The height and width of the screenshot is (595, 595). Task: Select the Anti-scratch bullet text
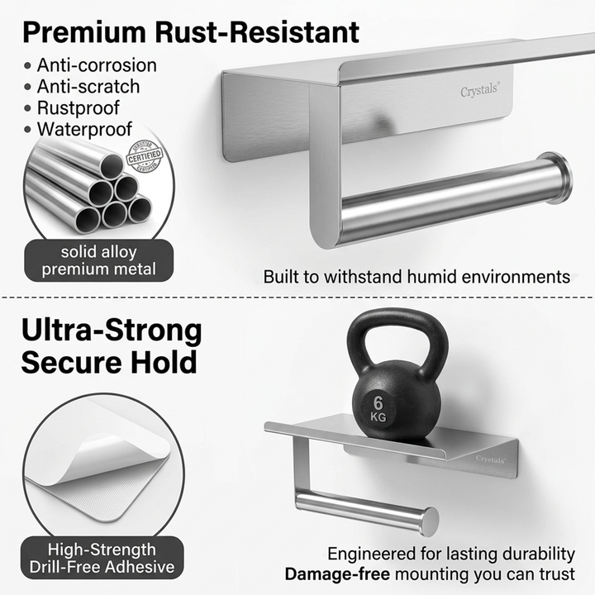pos(88,87)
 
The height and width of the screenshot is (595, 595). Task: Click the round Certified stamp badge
pos(145,157)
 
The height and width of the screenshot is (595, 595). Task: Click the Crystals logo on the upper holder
pos(479,92)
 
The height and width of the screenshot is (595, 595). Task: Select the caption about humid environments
pos(416,277)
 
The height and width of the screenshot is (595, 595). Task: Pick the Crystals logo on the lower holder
pos(491,459)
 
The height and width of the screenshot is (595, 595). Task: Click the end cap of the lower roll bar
pos(429,521)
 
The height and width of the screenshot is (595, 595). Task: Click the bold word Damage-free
pos(334,574)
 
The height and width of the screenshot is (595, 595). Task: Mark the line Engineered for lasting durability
pos(451,553)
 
